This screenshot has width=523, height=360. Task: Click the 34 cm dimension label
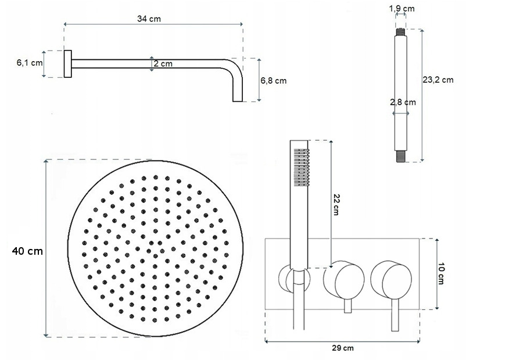pos(149,19)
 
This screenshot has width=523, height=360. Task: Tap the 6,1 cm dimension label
pos(30,63)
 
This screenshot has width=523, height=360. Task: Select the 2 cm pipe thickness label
pos(163,63)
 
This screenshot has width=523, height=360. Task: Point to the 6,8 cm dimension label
pos(274,81)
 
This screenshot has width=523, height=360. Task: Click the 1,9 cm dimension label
pos(402,8)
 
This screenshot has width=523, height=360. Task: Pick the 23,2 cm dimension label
pos(438,80)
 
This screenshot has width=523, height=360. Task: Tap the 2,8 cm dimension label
pos(403,102)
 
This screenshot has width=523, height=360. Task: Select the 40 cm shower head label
pos(27,251)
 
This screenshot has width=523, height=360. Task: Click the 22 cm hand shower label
pos(336,204)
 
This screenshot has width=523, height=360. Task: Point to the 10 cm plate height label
pos(441,273)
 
